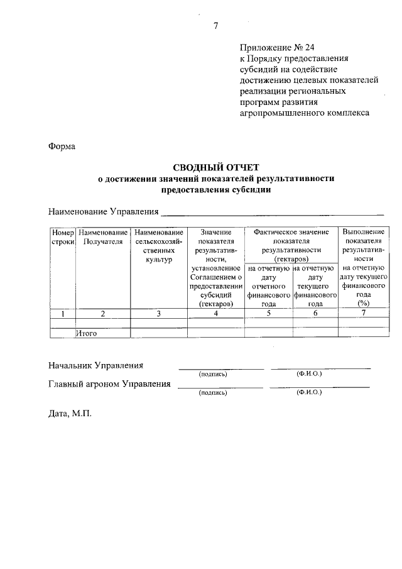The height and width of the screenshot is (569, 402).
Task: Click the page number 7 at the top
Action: [x=215, y=26]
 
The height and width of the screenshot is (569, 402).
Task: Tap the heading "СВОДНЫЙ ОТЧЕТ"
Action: [x=215, y=167]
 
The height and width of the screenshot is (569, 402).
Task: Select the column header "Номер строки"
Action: [x=63, y=237]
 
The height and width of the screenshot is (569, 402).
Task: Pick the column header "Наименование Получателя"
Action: [x=103, y=237]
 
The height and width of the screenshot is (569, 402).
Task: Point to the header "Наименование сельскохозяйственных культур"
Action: [x=159, y=246]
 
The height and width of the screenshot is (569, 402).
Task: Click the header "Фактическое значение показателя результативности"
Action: [x=291, y=246]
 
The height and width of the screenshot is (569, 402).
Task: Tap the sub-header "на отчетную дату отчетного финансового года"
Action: [x=268, y=285]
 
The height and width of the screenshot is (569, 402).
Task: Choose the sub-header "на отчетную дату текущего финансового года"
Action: [x=315, y=285]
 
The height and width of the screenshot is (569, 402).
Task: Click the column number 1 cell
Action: [x=63, y=314]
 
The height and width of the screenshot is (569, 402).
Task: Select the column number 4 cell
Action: [x=215, y=314]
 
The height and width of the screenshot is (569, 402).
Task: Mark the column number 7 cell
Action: [x=362, y=313]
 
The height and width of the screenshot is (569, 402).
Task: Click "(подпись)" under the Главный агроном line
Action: [x=212, y=392]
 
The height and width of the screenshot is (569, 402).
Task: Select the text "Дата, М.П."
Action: [x=70, y=414]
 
